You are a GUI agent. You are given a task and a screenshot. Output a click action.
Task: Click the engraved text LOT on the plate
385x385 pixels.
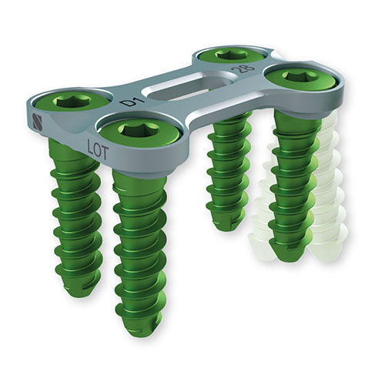point(98,149)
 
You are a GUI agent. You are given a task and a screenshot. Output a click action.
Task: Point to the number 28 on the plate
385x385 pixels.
point(243,68)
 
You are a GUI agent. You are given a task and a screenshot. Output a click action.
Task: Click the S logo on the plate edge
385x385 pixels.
point(38,122)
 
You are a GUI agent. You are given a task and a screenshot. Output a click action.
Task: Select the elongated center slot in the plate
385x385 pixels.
point(190,87)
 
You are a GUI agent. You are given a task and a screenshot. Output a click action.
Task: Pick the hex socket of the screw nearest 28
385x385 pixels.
point(230,54)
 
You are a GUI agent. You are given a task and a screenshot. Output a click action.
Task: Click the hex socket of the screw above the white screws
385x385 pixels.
point(300,75)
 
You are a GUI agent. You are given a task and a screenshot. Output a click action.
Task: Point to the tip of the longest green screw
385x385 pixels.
point(141,331)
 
